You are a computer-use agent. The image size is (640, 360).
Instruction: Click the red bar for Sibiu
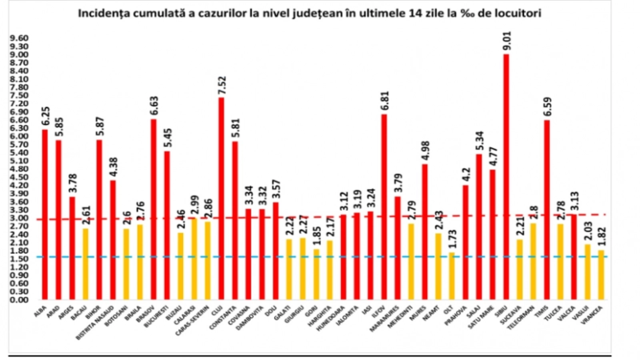(x=506, y=176)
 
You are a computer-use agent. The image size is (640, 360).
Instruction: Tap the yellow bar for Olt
(x=452, y=276)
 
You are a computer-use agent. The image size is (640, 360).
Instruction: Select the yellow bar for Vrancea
(x=601, y=275)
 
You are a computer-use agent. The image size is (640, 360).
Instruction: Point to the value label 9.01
(x=507, y=40)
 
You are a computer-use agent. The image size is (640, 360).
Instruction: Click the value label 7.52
(x=222, y=85)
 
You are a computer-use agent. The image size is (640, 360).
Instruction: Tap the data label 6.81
(x=385, y=101)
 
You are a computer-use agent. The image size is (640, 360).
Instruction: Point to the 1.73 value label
(x=452, y=239)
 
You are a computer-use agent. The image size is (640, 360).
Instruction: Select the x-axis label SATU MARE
(x=482, y=316)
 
